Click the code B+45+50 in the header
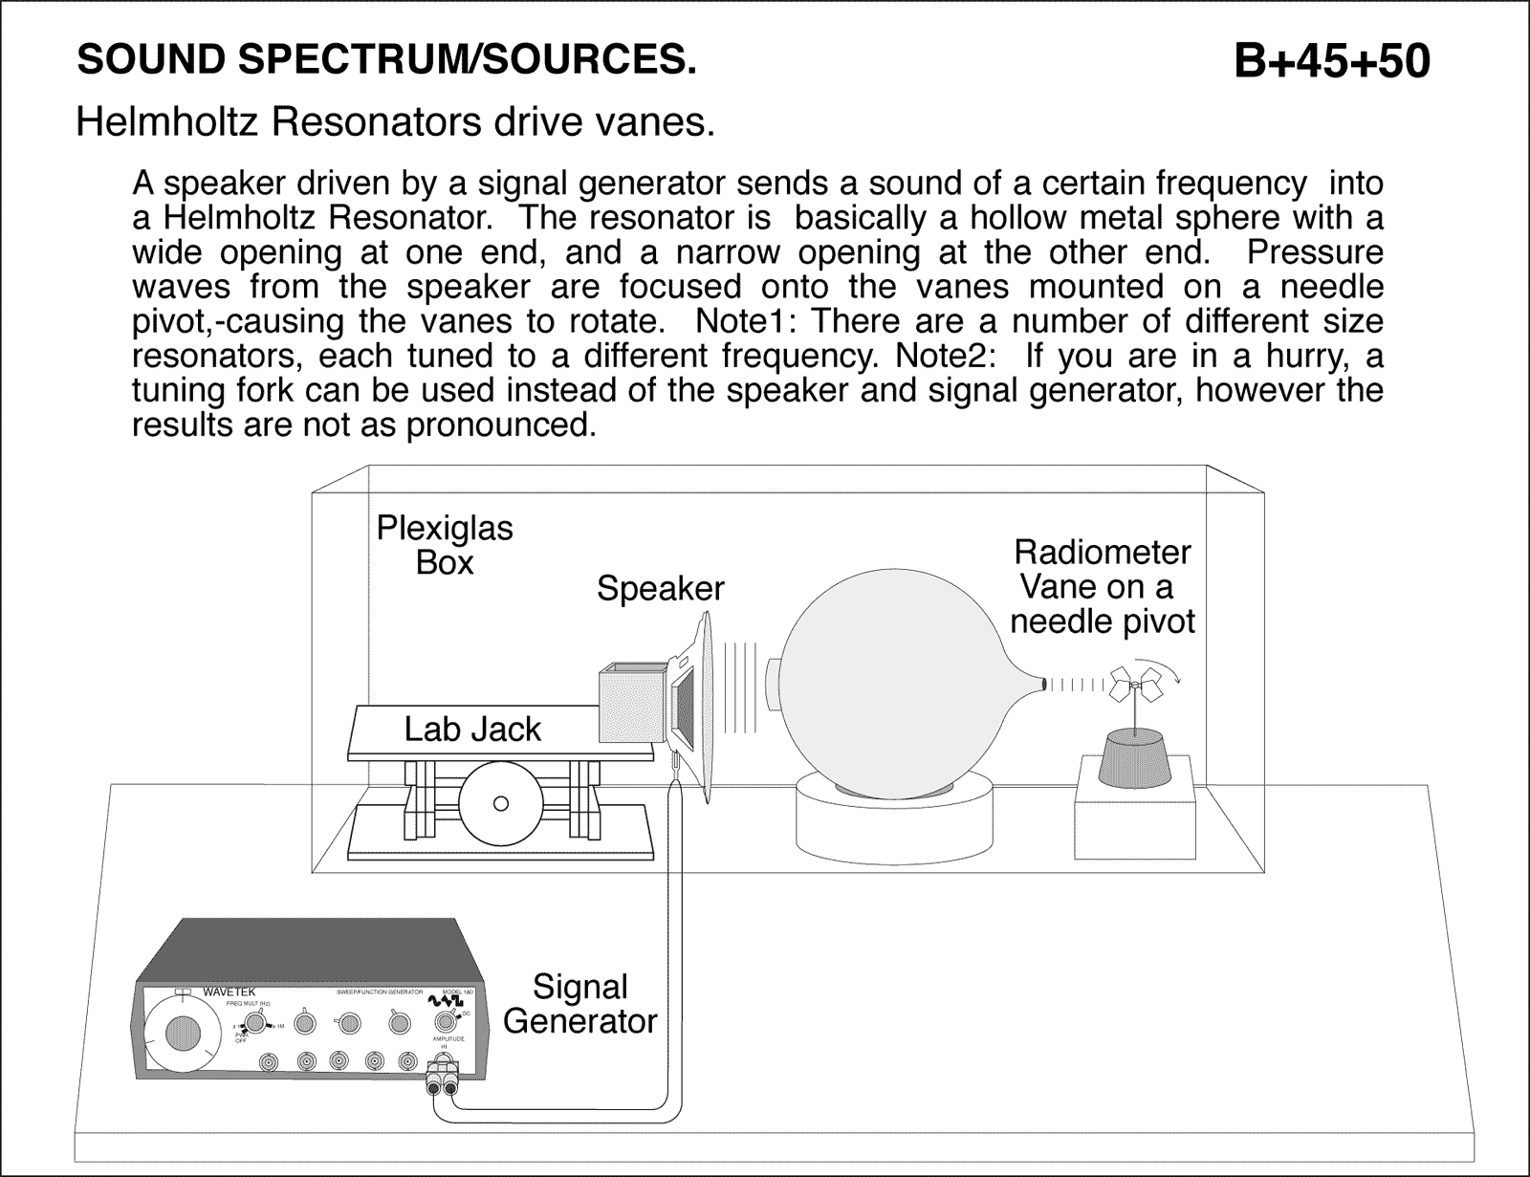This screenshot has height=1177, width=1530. (1331, 61)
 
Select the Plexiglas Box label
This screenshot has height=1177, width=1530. (445, 545)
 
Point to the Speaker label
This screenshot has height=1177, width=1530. (660, 588)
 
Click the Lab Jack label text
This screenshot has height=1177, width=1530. (472, 730)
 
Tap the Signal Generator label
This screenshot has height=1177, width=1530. (580, 1004)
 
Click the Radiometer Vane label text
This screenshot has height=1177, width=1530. (1103, 586)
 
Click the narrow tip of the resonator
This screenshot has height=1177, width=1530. (1040, 684)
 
